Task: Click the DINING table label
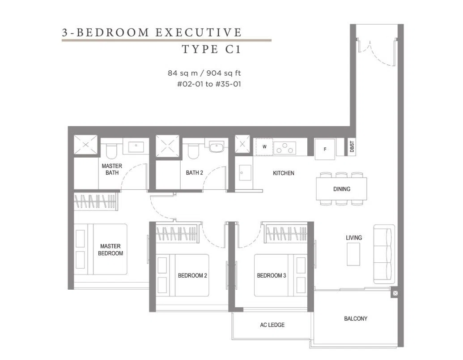(342, 189)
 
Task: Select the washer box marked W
(264, 146)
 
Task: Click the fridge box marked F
(325, 149)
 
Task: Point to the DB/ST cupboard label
(352, 146)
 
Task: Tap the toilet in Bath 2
(194, 151)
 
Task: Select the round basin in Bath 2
(217, 147)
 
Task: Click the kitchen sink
(245, 172)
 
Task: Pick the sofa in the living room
(384, 254)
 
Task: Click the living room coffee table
(353, 254)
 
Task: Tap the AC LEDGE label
(272, 325)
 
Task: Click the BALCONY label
(356, 319)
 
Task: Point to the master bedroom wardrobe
(96, 201)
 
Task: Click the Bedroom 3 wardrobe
(287, 231)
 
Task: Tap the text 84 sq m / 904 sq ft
(204, 73)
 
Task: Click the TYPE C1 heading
(212, 49)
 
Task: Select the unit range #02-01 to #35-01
(209, 84)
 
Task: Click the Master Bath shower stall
(85, 145)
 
